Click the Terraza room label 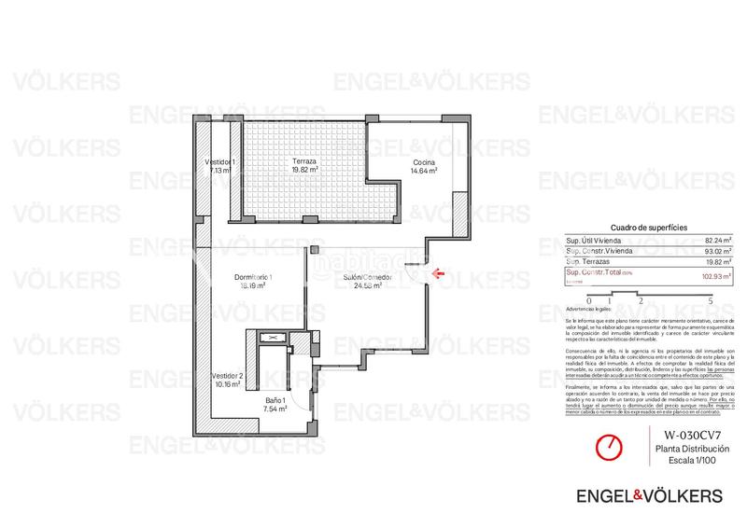(305, 161)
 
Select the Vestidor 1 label (219, 162)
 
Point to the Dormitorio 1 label (252, 277)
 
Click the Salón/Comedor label (366, 278)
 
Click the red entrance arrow (439, 273)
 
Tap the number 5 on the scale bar (712, 301)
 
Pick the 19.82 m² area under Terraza (305, 171)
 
